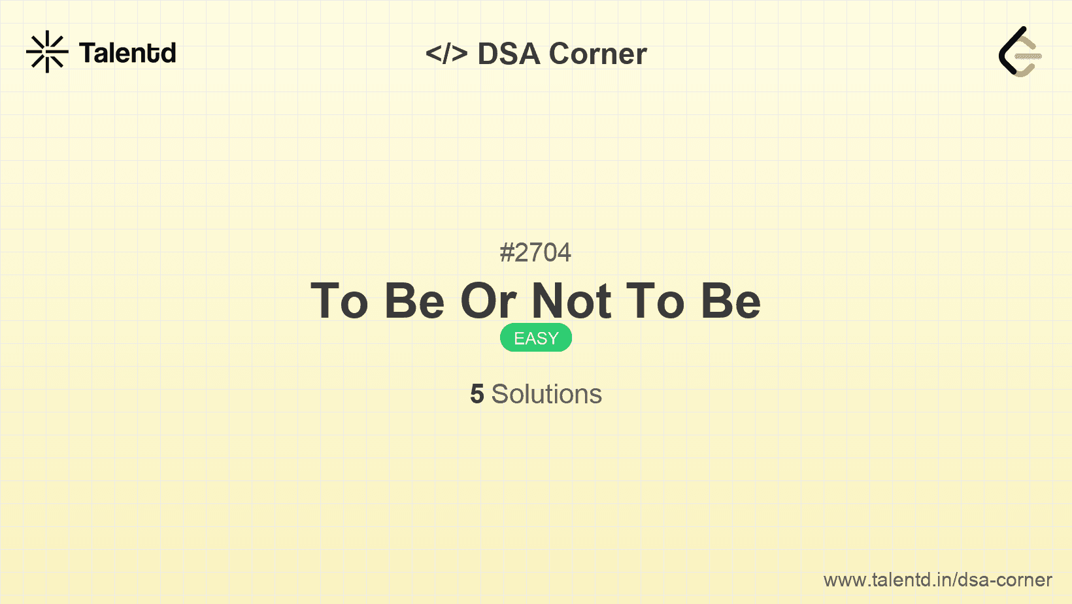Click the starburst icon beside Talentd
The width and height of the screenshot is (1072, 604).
[47, 52]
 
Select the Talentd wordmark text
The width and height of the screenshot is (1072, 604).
[127, 53]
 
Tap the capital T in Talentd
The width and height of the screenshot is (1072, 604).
[87, 53]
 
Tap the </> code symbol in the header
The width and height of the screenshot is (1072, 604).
[446, 54]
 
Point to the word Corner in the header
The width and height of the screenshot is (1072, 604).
[598, 54]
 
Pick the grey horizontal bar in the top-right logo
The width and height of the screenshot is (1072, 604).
[1028, 57]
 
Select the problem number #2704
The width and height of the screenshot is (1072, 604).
[535, 252]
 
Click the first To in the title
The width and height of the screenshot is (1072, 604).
[339, 301]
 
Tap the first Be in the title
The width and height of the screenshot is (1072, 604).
[414, 301]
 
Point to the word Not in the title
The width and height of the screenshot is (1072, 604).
[572, 301]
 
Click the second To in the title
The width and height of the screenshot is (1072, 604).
[656, 301]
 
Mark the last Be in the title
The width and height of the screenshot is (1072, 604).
[731, 301]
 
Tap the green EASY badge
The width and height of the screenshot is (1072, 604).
[536, 338]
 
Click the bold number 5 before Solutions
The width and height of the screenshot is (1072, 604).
[477, 394]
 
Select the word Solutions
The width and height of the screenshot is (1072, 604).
[546, 394]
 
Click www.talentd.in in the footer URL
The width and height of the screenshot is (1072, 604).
[886, 580]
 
